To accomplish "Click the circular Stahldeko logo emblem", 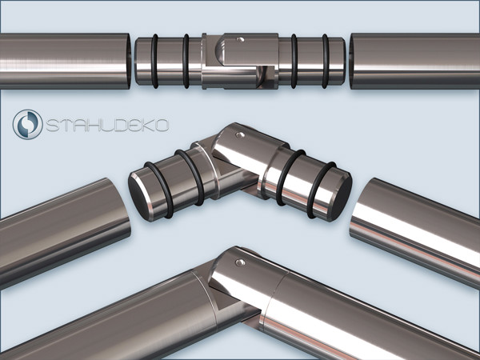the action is pos(27,124).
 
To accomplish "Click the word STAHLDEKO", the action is pos(107,126).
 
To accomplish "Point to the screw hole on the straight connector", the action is pos(241,39).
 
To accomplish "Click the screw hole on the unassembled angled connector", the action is pos(240,134).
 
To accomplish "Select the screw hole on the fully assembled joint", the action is pos(240,262).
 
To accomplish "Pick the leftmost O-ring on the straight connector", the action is pos(154,62).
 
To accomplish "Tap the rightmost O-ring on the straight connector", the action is pos(325,62).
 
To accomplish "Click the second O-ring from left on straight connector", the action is pos(186,62).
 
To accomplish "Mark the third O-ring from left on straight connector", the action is pos(294,62).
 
